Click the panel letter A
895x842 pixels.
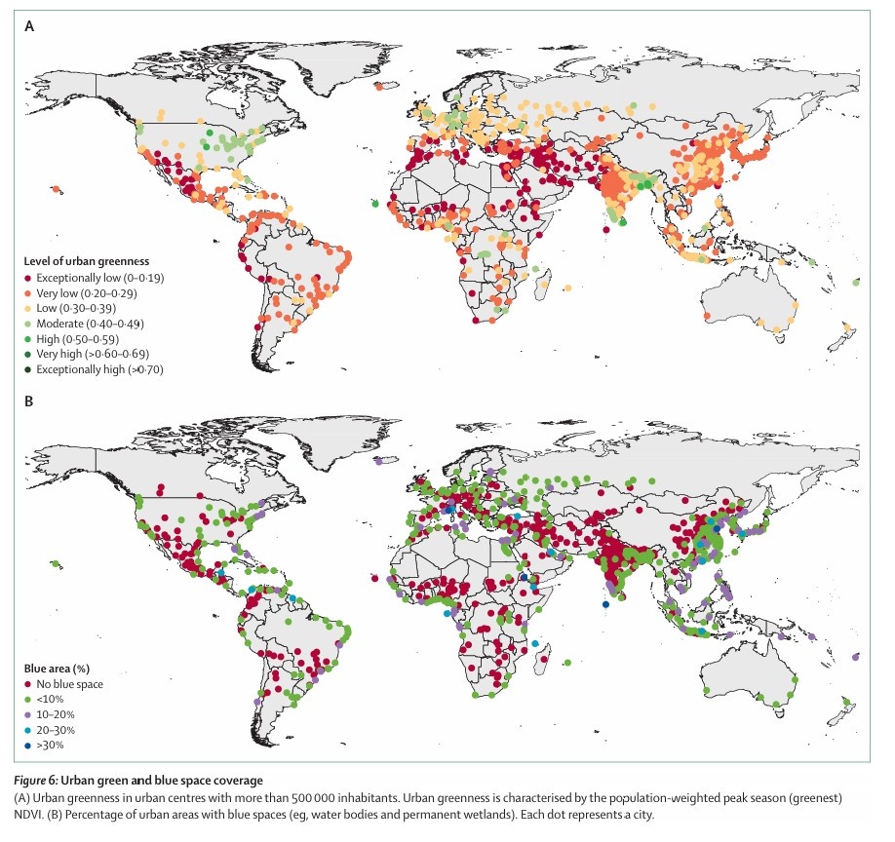coord(29,27)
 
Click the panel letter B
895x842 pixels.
coord(29,402)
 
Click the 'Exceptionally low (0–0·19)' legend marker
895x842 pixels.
coord(28,278)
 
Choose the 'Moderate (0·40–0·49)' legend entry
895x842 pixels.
coord(89,324)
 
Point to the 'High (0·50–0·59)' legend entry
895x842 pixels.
coord(80,339)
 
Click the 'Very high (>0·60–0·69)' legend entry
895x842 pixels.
coord(92,354)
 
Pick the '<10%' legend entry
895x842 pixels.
coord(49,700)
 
